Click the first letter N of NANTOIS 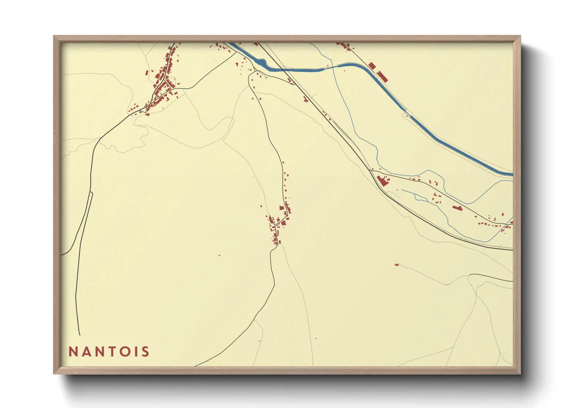click(73, 352)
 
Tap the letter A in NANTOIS click(86, 352)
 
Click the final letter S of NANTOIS click(145, 352)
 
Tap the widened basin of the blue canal click(261, 62)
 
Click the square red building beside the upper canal click(372, 66)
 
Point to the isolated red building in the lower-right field click(396, 265)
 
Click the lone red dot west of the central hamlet click(219, 255)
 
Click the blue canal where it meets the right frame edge click(511, 174)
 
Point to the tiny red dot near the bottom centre click(316, 338)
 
